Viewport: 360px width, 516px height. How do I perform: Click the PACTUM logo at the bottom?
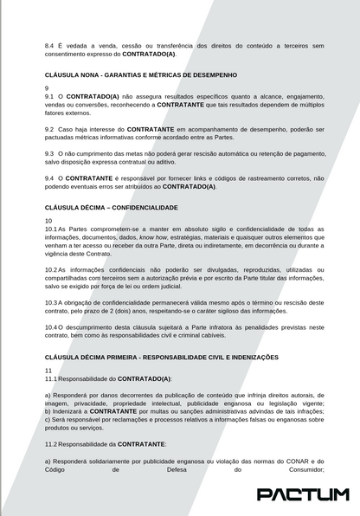point(302,494)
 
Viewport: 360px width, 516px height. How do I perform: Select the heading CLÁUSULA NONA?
point(140,75)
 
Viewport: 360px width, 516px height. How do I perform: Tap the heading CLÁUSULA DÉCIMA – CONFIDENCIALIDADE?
point(111,208)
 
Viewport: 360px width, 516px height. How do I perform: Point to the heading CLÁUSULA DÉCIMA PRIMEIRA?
point(161,357)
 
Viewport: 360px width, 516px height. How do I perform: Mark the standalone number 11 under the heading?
point(48,370)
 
